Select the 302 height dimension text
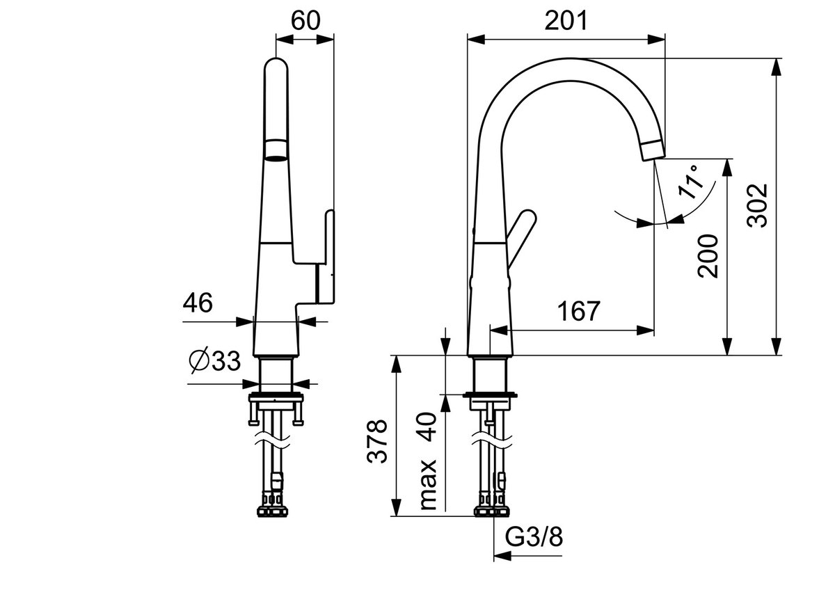pyautogui.click(x=757, y=205)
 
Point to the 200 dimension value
pyautogui.click(x=708, y=256)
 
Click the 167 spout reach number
pyautogui.click(x=579, y=311)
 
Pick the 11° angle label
pyautogui.click(x=692, y=182)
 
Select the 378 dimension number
pyautogui.click(x=377, y=441)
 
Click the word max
pyautogui.click(x=429, y=484)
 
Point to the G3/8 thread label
pyautogui.click(x=534, y=537)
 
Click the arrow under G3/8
pyautogui.click(x=527, y=556)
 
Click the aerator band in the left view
pyautogui.click(x=276, y=150)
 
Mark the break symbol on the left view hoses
pyautogui.click(x=273, y=440)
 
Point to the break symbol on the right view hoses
pyautogui.click(x=492, y=440)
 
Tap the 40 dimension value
pyautogui.click(x=429, y=426)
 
